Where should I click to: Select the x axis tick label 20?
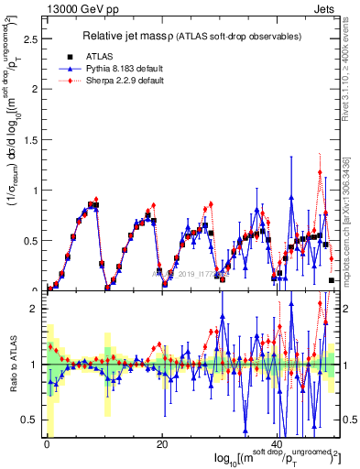coord(161,444)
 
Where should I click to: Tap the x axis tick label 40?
coord(277,444)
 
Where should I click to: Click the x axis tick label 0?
coord(47,444)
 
